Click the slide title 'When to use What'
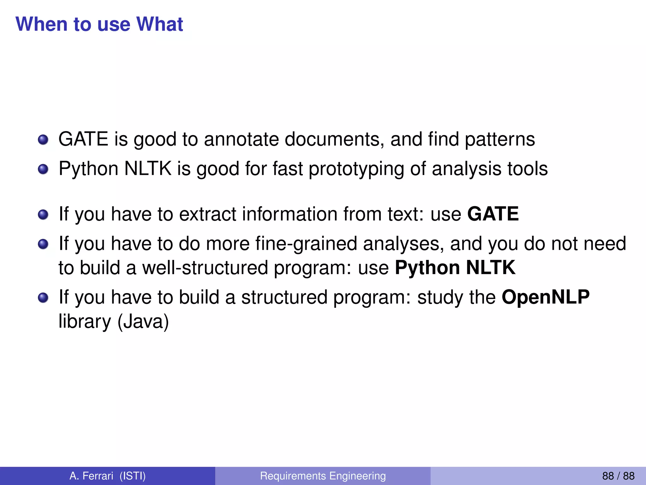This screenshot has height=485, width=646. [99, 24]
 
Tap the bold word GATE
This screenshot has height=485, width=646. [493, 214]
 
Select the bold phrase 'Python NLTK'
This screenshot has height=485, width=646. [455, 268]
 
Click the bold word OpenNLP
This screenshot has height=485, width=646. [545, 297]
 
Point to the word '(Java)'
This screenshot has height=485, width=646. [143, 322]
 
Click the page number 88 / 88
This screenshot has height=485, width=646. [618, 476]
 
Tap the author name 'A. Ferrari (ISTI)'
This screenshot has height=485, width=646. [108, 476]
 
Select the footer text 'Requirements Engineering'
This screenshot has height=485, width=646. [323, 476]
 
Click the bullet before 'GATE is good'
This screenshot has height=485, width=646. [43, 140]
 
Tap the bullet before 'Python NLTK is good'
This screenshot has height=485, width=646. [43, 169]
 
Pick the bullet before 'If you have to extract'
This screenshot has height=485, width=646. [43, 215]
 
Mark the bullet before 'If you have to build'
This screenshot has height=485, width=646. [43, 298]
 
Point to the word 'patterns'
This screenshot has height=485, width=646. [500, 140]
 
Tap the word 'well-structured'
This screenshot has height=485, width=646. [205, 268]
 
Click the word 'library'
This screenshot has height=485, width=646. [85, 322]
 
